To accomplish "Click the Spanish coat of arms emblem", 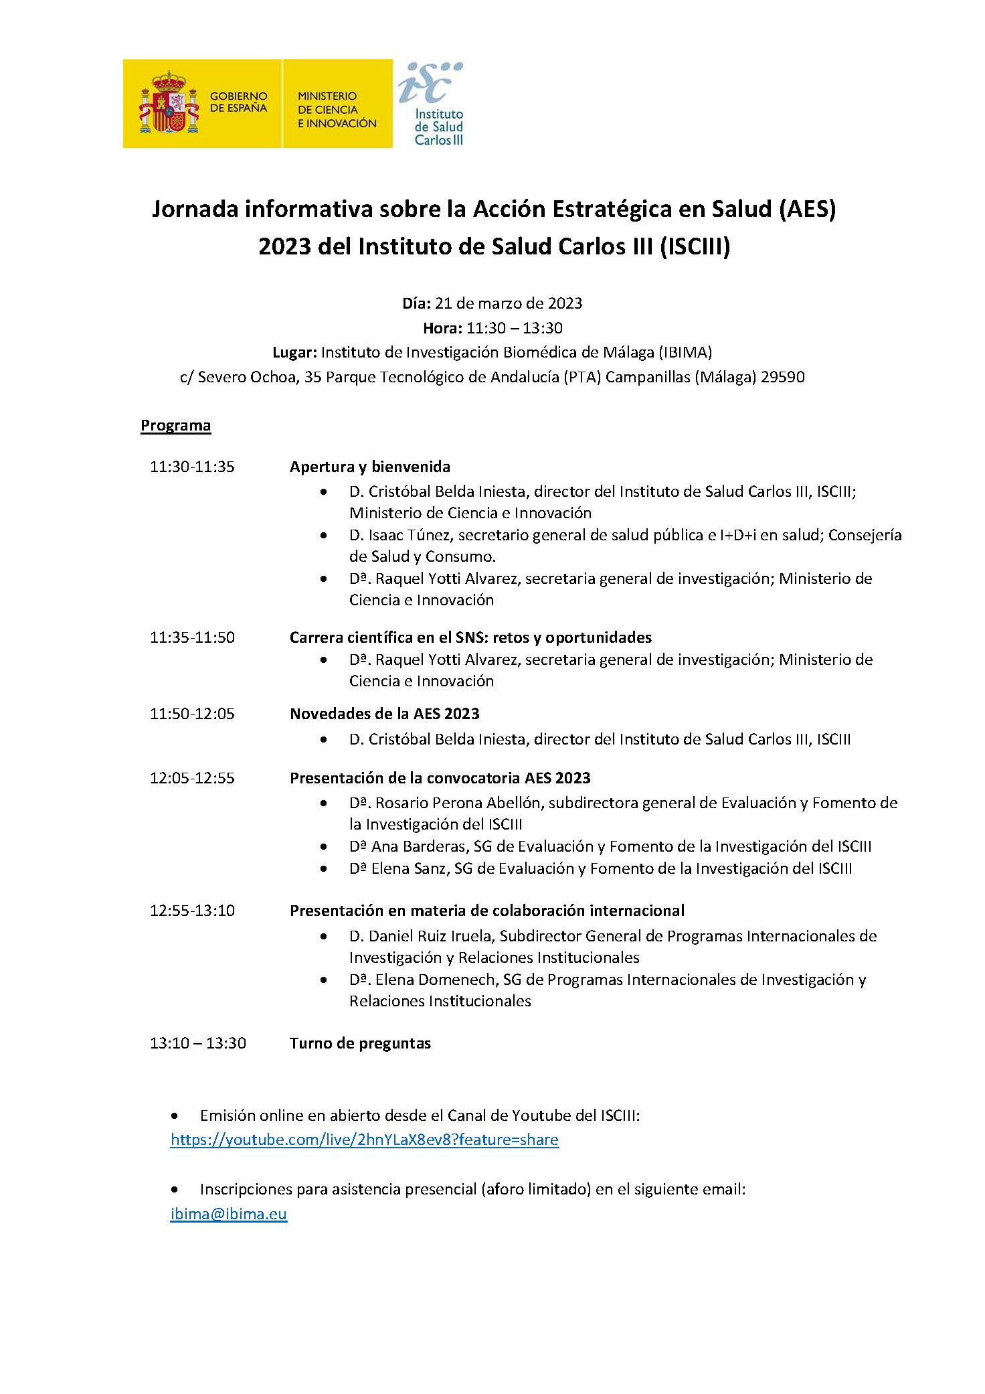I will pos(169,104).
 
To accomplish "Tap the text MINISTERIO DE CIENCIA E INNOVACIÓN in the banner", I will pos(337,110).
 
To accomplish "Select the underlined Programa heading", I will pos(175,426).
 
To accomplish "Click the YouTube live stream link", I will pos(364,1140).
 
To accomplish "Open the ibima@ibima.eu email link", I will pos(228,1214).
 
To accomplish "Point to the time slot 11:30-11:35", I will pos(192,467).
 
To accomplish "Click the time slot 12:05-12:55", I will pos(192,778).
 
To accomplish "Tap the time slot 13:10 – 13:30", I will pos(197,1042).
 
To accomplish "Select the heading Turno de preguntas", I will pos(360,1042).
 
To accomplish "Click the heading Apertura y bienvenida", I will pos(369,467).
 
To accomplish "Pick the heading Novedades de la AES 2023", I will pos(384,714).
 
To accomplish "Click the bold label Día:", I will pos(416,303).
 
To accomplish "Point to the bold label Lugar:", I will pos(294,352).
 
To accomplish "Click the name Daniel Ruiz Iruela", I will pos(429,935).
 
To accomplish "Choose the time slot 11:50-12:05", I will pos(192,714).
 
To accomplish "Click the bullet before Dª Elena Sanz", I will pos(325,869).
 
